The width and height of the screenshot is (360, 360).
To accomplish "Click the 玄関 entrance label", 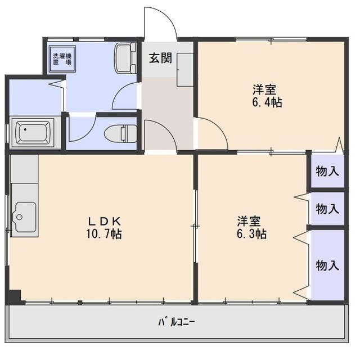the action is (x=160, y=58).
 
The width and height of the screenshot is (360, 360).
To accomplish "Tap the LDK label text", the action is (x=105, y=221).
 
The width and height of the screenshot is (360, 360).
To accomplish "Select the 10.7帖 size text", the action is (x=104, y=234).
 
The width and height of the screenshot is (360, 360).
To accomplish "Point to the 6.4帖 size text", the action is (x=267, y=102).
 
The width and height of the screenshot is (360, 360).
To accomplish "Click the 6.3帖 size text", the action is (x=251, y=234).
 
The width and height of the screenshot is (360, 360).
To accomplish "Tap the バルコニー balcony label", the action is (x=177, y=322).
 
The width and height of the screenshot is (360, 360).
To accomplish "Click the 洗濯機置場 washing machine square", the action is (x=62, y=59).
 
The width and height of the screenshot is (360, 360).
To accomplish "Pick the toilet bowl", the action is (x=120, y=134).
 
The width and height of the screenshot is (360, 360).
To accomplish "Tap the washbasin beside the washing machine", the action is (x=125, y=58).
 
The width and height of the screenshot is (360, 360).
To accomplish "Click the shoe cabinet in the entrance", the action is (x=185, y=70).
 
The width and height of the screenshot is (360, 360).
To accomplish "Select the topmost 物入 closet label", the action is (x=327, y=171).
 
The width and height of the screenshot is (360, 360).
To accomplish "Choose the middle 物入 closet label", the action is (x=327, y=209).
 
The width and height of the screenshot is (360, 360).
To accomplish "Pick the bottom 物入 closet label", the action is (x=327, y=265).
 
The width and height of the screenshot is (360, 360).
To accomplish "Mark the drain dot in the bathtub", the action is (x=25, y=129).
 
